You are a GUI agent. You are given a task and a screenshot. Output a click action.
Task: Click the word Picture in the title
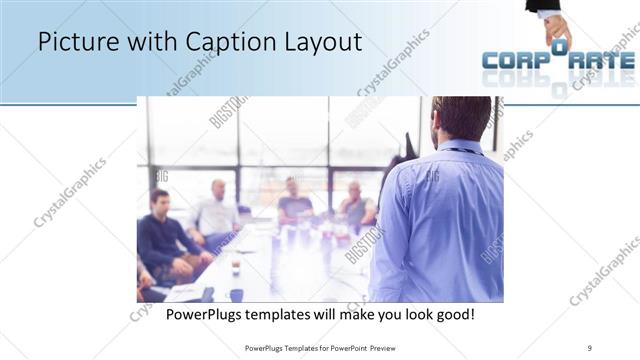pyautogui.click(x=72, y=42)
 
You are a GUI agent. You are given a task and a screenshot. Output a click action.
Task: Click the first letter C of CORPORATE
pyautogui.click(x=494, y=61)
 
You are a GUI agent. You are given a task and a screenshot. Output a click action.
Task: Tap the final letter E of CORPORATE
pyautogui.click(x=626, y=61)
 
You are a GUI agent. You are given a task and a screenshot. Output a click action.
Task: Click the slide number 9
pyautogui.click(x=590, y=347)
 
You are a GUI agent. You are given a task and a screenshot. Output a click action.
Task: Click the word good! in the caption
pyautogui.click(x=454, y=314)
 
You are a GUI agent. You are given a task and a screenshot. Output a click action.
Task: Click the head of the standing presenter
pyautogui.click(x=462, y=118)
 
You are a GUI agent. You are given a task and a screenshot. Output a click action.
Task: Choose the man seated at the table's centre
pyautogui.click(x=294, y=200)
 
